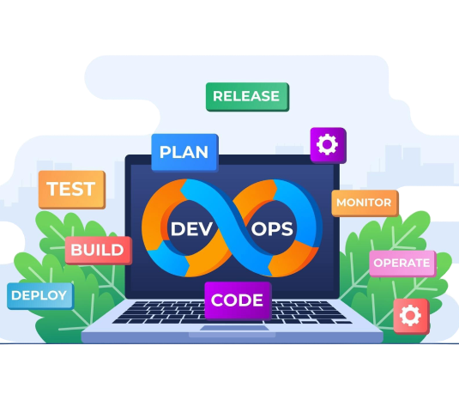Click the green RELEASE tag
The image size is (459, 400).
click(x=247, y=97)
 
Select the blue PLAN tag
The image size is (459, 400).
click(x=185, y=153)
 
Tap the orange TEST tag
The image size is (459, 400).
click(x=72, y=190)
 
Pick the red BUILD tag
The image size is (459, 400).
click(x=99, y=251)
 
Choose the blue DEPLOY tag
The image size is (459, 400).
click(x=40, y=296)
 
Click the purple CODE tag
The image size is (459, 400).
click(x=238, y=300)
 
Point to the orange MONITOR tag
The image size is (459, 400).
click(x=365, y=203)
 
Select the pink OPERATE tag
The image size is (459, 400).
click(x=402, y=264)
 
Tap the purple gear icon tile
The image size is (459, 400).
click(x=328, y=145)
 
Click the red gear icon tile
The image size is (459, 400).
click(x=411, y=316)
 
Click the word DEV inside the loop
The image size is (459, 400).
click(x=191, y=229)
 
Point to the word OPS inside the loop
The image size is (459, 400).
click(x=272, y=229)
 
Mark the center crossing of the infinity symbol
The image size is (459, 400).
click(x=232, y=227)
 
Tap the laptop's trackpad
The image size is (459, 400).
click(x=234, y=328)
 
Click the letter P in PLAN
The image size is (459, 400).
click(x=165, y=152)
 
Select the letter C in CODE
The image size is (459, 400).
click(x=218, y=300)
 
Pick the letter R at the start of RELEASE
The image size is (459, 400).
click(x=218, y=96)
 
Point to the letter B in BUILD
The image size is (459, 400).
click(x=75, y=250)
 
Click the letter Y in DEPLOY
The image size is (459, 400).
click(x=62, y=295)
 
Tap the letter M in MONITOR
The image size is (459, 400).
click(x=341, y=203)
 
